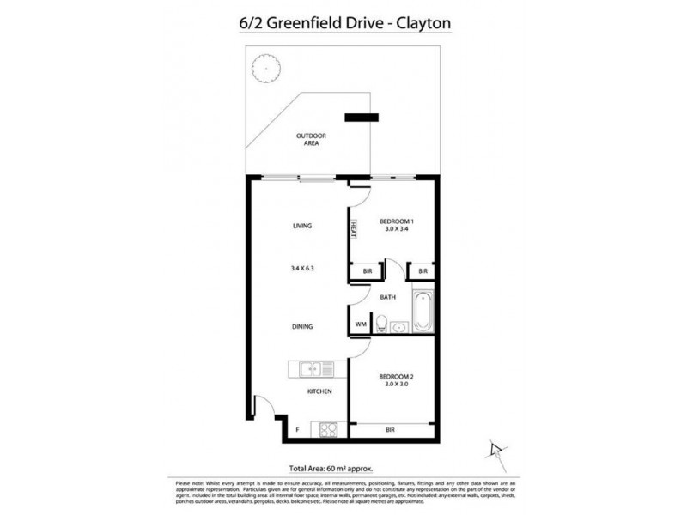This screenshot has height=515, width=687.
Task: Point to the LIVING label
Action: (301, 226)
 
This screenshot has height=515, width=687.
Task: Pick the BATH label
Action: (386, 298)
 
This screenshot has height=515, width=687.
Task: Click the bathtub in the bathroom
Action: (423, 313)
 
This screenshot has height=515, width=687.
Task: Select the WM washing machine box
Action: (361, 324)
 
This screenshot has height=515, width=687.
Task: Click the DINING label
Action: (301, 327)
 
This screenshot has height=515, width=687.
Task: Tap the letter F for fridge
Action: (297, 428)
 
